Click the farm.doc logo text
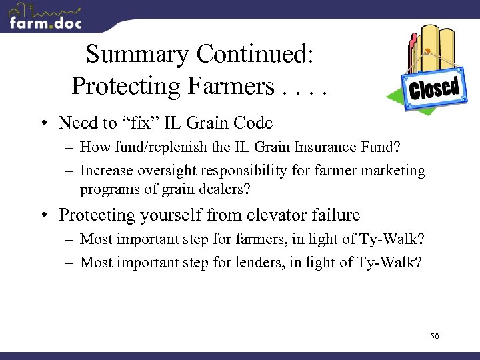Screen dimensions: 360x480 tap(45, 22)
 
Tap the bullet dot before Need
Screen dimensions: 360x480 tap(42, 123)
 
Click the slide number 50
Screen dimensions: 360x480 tap(434, 337)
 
